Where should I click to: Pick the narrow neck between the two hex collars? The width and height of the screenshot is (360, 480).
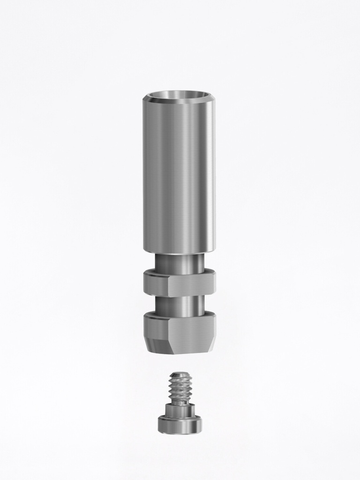(x=180, y=306)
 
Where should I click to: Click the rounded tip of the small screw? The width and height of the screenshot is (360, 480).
(x=180, y=375)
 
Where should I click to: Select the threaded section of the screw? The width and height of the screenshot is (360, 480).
(x=180, y=389)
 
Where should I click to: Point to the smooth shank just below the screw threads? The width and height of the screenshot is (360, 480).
(x=180, y=402)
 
